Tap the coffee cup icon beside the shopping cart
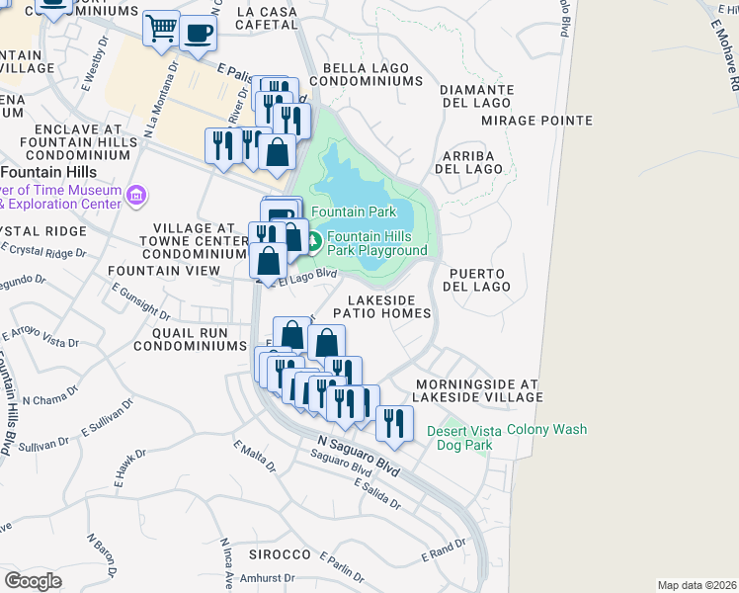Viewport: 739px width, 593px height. coord(199,32)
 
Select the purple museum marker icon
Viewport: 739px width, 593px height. coord(137,197)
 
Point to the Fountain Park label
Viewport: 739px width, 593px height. coord(354,212)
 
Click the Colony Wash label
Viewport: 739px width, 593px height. coord(546,430)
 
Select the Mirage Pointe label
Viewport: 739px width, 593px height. coord(536,121)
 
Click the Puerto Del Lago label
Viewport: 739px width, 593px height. coord(479,280)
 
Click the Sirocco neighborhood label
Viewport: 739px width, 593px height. coord(280,554)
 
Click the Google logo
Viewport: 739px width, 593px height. coord(33,581)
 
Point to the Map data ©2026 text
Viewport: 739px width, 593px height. coord(696,585)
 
